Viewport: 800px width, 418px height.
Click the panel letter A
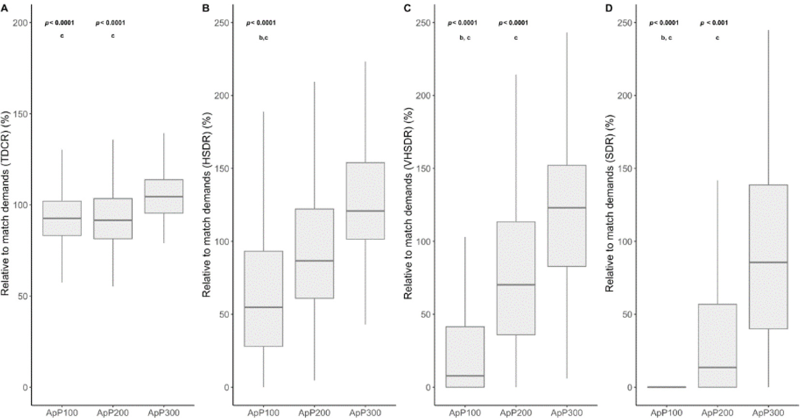4,8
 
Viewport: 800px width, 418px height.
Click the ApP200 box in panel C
515,278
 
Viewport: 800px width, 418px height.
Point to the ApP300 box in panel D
768,257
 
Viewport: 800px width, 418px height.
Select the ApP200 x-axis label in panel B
314,413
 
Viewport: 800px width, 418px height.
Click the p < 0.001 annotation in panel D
714,23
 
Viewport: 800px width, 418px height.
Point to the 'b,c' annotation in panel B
263,37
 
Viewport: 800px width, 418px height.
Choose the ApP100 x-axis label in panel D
666,413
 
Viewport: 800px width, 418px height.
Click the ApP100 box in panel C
465,357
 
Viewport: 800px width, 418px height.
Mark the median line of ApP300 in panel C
566,208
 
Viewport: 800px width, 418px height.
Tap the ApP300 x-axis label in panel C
566,413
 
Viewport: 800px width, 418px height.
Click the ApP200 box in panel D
717,345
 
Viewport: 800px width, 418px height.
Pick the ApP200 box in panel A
113,218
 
